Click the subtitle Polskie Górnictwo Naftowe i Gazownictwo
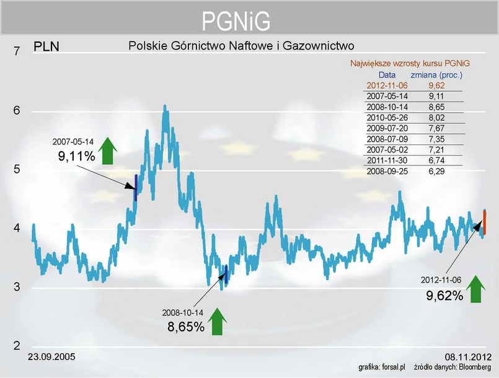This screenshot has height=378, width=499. click(x=241, y=45)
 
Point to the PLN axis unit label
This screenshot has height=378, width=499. click(x=46, y=46)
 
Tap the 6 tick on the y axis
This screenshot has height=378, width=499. click(x=17, y=111)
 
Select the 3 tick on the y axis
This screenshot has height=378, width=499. click(x=17, y=288)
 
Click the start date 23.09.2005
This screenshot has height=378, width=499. click(x=52, y=357)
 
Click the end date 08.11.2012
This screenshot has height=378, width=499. click(x=468, y=357)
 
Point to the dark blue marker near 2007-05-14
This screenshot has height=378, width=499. click(x=136, y=188)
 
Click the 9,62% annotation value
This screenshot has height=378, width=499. click(x=444, y=296)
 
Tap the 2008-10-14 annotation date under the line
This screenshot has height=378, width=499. click(x=182, y=312)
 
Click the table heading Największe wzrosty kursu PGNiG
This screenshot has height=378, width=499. click(x=410, y=63)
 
